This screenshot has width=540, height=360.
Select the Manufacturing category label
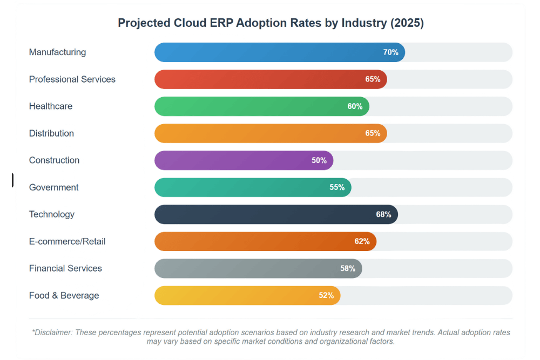pyautogui.click(x=57, y=52)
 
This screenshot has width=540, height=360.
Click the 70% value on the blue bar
pyautogui.click(x=390, y=52)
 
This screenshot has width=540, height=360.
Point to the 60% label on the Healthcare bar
pyautogui.click(x=355, y=106)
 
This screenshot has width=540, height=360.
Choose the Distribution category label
pyautogui.click(x=51, y=133)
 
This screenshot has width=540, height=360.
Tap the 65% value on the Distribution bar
pyautogui.click(x=373, y=133)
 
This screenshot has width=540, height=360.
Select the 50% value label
pyautogui.click(x=319, y=160)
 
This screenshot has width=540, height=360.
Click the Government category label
pyautogui.click(x=53, y=187)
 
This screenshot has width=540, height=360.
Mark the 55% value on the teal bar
pyautogui.click(x=337, y=187)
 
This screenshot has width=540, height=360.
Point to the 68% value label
pyautogui.click(x=383, y=214)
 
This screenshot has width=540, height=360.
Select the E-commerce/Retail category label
pyautogui.click(x=67, y=241)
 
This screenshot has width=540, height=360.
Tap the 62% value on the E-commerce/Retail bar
pyautogui.click(x=362, y=241)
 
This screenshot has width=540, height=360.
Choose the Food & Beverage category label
pyautogui.click(x=64, y=295)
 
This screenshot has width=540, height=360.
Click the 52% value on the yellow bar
pyautogui.click(x=326, y=295)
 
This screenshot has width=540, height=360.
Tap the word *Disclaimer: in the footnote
pyautogui.click(x=52, y=332)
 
